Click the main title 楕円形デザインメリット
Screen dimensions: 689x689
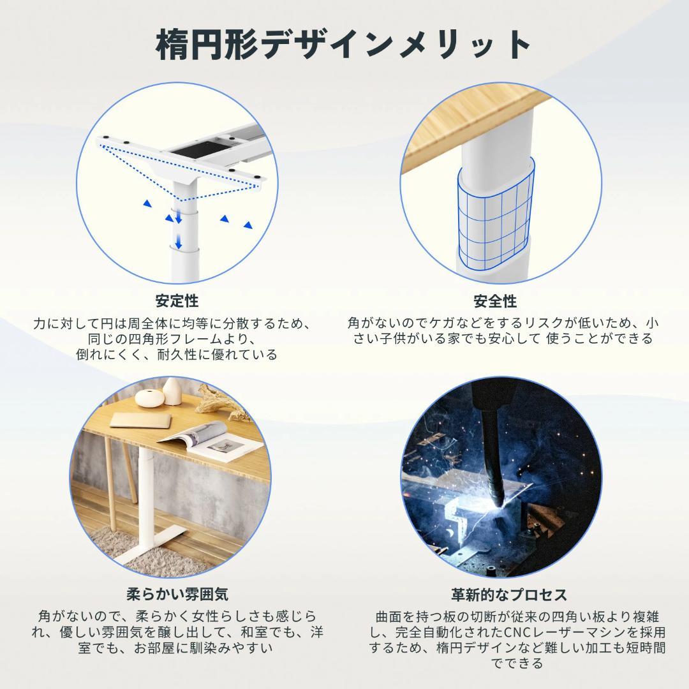pyautogui.click(x=344, y=45)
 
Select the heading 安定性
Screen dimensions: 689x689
pyautogui.click(x=177, y=300)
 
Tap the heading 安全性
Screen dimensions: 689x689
pyautogui.click(x=495, y=300)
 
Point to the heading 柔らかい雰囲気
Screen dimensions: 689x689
pyautogui.click(x=177, y=595)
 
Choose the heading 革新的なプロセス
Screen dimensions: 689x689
pyautogui.click(x=508, y=595)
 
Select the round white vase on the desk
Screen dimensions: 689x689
pyautogui.click(x=148, y=398)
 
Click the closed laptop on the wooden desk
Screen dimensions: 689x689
pyautogui.click(x=137, y=419)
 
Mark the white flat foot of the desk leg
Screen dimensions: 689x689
pyautogui.click(x=153, y=545)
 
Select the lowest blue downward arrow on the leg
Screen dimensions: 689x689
pyautogui.click(x=179, y=242)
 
